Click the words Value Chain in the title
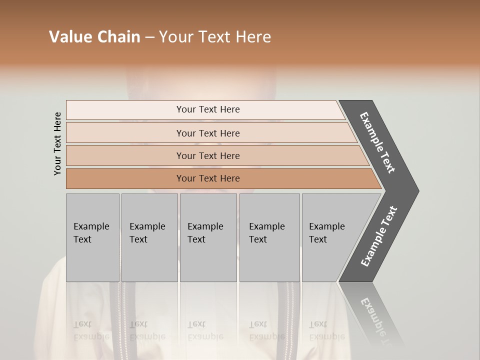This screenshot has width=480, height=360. (x=94, y=37)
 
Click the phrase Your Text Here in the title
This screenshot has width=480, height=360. (x=215, y=37)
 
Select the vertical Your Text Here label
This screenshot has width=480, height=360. (x=57, y=143)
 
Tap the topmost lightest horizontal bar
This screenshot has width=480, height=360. (x=208, y=109)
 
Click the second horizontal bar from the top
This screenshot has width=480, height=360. (x=208, y=133)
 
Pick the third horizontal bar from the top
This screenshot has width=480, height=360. (x=208, y=155)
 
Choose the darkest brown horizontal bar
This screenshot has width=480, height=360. (x=208, y=178)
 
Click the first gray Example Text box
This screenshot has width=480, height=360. (x=92, y=237)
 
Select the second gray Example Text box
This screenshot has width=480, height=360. (x=149, y=237)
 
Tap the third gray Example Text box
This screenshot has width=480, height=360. (x=208, y=237)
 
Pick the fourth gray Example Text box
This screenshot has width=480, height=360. (x=269, y=237)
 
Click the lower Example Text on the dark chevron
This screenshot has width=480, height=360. (x=379, y=236)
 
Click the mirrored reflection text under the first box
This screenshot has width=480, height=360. (x=91, y=330)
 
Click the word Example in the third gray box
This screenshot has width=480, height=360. (x=205, y=226)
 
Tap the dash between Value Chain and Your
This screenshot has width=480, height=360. (x=149, y=37)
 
